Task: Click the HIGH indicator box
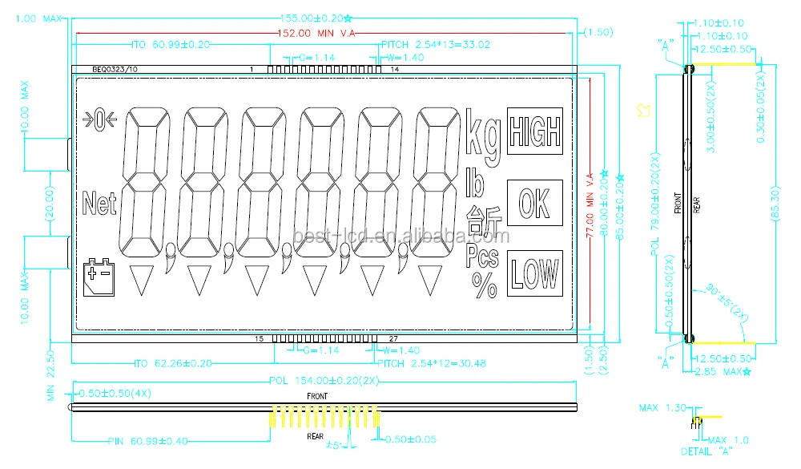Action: coord(534,131)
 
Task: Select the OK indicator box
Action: coord(534,203)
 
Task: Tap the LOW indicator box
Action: coord(534,273)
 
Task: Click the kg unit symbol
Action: coord(483,134)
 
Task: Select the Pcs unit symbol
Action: coord(482,257)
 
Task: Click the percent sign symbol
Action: coord(485,286)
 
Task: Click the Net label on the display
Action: coord(99,203)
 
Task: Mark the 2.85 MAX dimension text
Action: coord(723,371)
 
